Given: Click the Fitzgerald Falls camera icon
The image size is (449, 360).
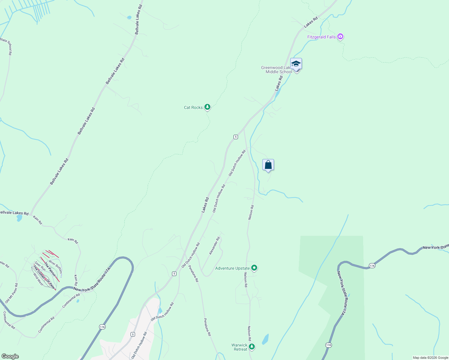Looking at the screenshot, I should click(x=340, y=37).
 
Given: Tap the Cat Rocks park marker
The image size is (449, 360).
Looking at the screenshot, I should click(x=207, y=107).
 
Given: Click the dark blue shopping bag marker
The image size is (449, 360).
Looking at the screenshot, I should click(x=268, y=165).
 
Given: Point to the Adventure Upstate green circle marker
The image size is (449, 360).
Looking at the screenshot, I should click(x=254, y=268).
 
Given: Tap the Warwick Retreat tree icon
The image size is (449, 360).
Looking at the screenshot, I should click(x=252, y=347).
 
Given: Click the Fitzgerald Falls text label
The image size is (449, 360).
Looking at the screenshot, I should click(x=321, y=37).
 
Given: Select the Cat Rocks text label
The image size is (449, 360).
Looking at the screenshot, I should click(x=193, y=107).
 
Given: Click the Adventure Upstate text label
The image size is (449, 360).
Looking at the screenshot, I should click(x=232, y=268).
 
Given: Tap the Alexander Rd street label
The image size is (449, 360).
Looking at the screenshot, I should click(x=215, y=246).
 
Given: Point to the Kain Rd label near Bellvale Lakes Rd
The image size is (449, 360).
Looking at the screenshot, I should click(x=38, y=220).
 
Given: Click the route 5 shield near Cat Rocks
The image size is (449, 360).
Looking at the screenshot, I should click(x=236, y=137).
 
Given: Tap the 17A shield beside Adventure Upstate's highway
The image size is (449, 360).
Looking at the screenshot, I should click(x=372, y=266).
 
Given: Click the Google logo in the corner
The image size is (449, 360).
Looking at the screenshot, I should click(x=10, y=356).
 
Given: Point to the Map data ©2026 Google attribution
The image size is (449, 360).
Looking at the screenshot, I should click(x=430, y=358).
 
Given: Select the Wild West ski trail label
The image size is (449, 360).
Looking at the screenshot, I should click(x=38, y=279).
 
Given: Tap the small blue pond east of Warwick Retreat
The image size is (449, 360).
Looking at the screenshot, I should click(x=265, y=339).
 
